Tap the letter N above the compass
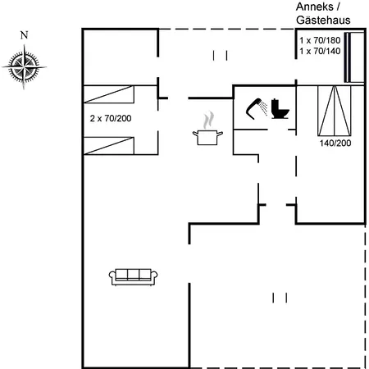(x=25, y=35)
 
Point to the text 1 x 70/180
(x=320, y=39)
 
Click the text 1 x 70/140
(x=320, y=51)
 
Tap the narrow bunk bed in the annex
(x=354, y=57)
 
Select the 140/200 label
(x=335, y=143)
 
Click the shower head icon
(x=255, y=107)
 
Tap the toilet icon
(x=279, y=108)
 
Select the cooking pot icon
(x=206, y=136)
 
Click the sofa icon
(x=133, y=276)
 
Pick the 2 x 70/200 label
(x=111, y=119)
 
